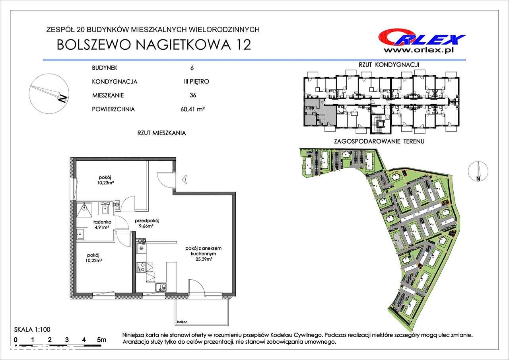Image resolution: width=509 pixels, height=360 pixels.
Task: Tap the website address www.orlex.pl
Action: tap(419, 51)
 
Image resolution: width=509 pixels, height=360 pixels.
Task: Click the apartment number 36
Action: tap(193, 95)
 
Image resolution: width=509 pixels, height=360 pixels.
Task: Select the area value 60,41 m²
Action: tap(193, 109)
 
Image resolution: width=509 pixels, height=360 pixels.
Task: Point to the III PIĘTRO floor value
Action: tap(196, 82)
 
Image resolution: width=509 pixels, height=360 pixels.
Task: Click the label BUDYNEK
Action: tap(105, 68)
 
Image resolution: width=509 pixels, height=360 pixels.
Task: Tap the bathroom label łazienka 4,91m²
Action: tap(102, 224)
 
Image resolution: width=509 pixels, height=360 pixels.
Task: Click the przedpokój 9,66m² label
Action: tap(147, 223)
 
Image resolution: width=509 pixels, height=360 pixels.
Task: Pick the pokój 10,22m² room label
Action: tap(93, 258)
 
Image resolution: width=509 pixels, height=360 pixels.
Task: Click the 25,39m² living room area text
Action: tap(204, 259)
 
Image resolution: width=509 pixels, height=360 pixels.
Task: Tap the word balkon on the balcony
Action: tap(182, 322)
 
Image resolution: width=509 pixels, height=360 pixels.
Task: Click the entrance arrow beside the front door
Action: tap(184, 179)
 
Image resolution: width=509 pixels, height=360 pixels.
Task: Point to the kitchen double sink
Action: tap(161, 287)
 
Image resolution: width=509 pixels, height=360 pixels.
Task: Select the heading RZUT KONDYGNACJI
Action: tap(389, 64)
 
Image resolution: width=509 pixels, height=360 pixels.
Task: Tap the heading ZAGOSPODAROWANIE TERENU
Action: tap(379, 141)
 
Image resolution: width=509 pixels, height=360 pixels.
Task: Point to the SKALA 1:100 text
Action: tap(32, 329)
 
